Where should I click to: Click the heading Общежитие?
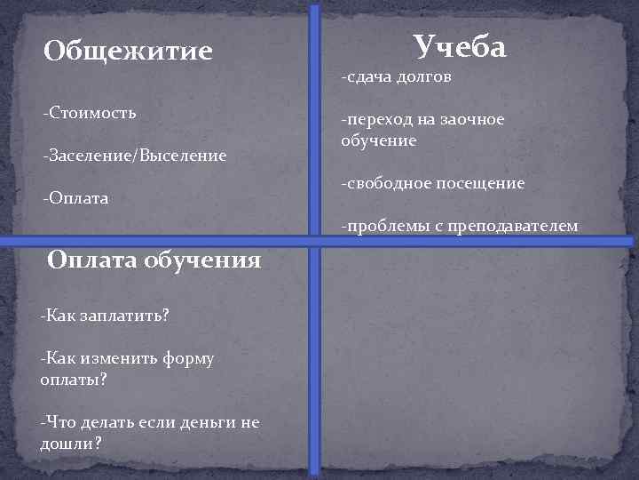pyautogui.click(x=128, y=51)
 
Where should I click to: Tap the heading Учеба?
pyautogui.click(x=460, y=45)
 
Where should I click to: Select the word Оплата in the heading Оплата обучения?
pyautogui.click(x=91, y=260)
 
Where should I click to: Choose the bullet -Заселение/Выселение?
pyautogui.click(x=134, y=156)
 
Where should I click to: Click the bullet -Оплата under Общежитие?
pyautogui.click(x=75, y=198)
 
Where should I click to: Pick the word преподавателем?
pyautogui.click(x=514, y=227)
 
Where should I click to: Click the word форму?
pyautogui.click(x=188, y=358)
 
